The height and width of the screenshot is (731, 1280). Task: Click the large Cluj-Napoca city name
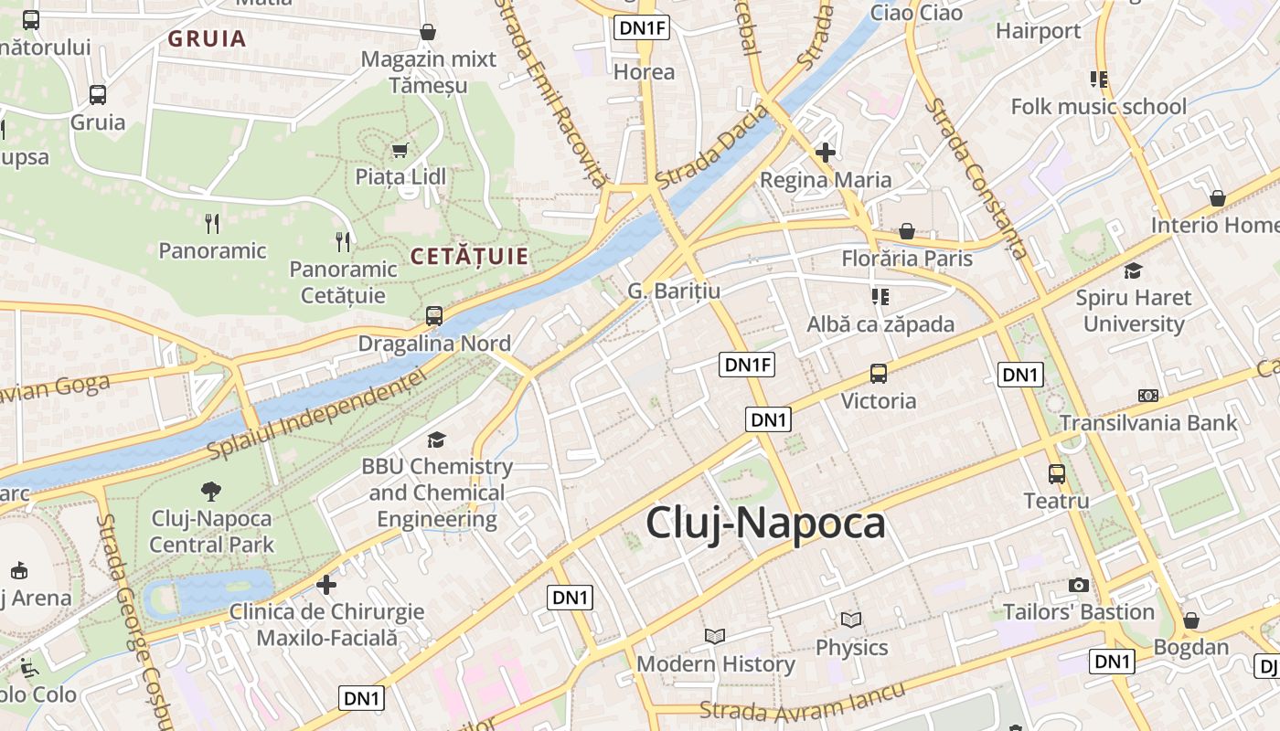pyautogui.click(x=765, y=524)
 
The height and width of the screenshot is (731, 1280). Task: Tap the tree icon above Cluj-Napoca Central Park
pyautogui.click(x=211, y=491)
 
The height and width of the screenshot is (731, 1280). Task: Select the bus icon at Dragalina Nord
pyautogui.click(x=434, y=316)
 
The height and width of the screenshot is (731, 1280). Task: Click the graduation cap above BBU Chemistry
pyautogui.click(x=437, y=440)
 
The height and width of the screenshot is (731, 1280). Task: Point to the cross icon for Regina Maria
pyautogui.click(x=826, y=153)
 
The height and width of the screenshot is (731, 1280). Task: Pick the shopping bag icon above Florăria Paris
pyautogui.click(x=907, y=231)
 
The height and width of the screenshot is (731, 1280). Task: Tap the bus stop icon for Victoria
pyautogui.click(x=879, y=374)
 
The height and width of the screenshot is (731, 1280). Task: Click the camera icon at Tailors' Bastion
pyautogui.click(x=1079, y=585)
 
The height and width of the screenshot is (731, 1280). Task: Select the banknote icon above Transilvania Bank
pyautogui.click(x=1148, y=396)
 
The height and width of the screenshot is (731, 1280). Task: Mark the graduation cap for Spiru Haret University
pyautogui.click(x=1134, y=270)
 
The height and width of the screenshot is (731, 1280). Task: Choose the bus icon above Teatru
pyautogui.click(x=1057, y=473)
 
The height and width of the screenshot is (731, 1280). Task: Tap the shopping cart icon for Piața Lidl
pyautogui.click(x=400, y=150)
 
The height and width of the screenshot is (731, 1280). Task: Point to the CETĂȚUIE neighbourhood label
pyautogui.click(x=469, y=257)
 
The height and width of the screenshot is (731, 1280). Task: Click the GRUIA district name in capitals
pyautogui.click(x=208, y=38)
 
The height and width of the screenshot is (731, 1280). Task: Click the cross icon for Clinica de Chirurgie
pyautogui.click(x=326, y=584)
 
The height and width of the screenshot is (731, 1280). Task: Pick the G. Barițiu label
pyautogui.click(x=674, y=291)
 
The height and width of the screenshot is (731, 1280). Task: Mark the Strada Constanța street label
pyautogui.click(x=976, y=179)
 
